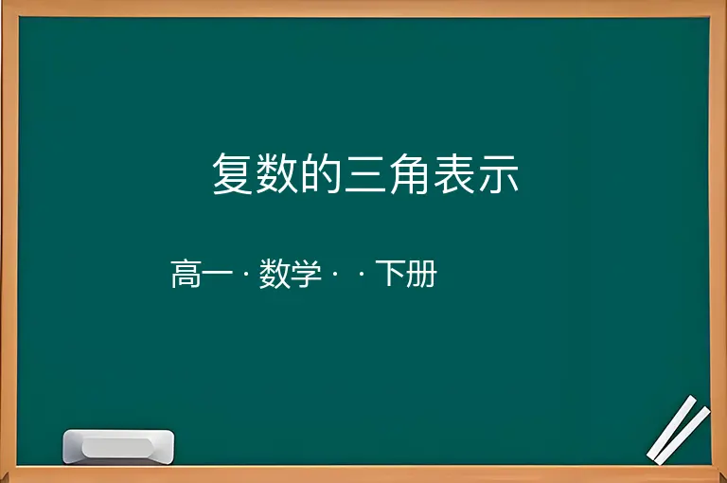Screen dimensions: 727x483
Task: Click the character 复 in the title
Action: tap(232, 173)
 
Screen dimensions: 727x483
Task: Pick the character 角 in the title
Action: tap(409, 173)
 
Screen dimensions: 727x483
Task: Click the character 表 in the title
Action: tap(454, 173)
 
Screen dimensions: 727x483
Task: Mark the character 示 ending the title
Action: tap(499, 174)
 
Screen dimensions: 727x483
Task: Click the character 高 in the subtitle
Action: tap(186, 274)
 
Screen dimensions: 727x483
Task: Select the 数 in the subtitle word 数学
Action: tap(275, 274)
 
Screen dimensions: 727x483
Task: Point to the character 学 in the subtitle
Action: tap(307, 274)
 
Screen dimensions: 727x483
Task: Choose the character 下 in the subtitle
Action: tap(390, 274)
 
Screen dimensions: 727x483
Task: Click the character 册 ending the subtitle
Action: tap(422, 274)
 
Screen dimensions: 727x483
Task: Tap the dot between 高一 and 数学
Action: tap(246, 275)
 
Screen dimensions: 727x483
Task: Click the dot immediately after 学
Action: tap(335, 275)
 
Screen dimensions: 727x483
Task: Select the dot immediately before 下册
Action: tap(362, 275)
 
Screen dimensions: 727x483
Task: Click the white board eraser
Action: tap(118, 446)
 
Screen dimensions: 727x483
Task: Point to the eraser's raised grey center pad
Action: tap(118, 447)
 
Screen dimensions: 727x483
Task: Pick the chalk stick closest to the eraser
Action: tap(672, 427)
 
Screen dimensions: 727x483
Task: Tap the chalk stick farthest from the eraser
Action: tap(683, 436)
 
